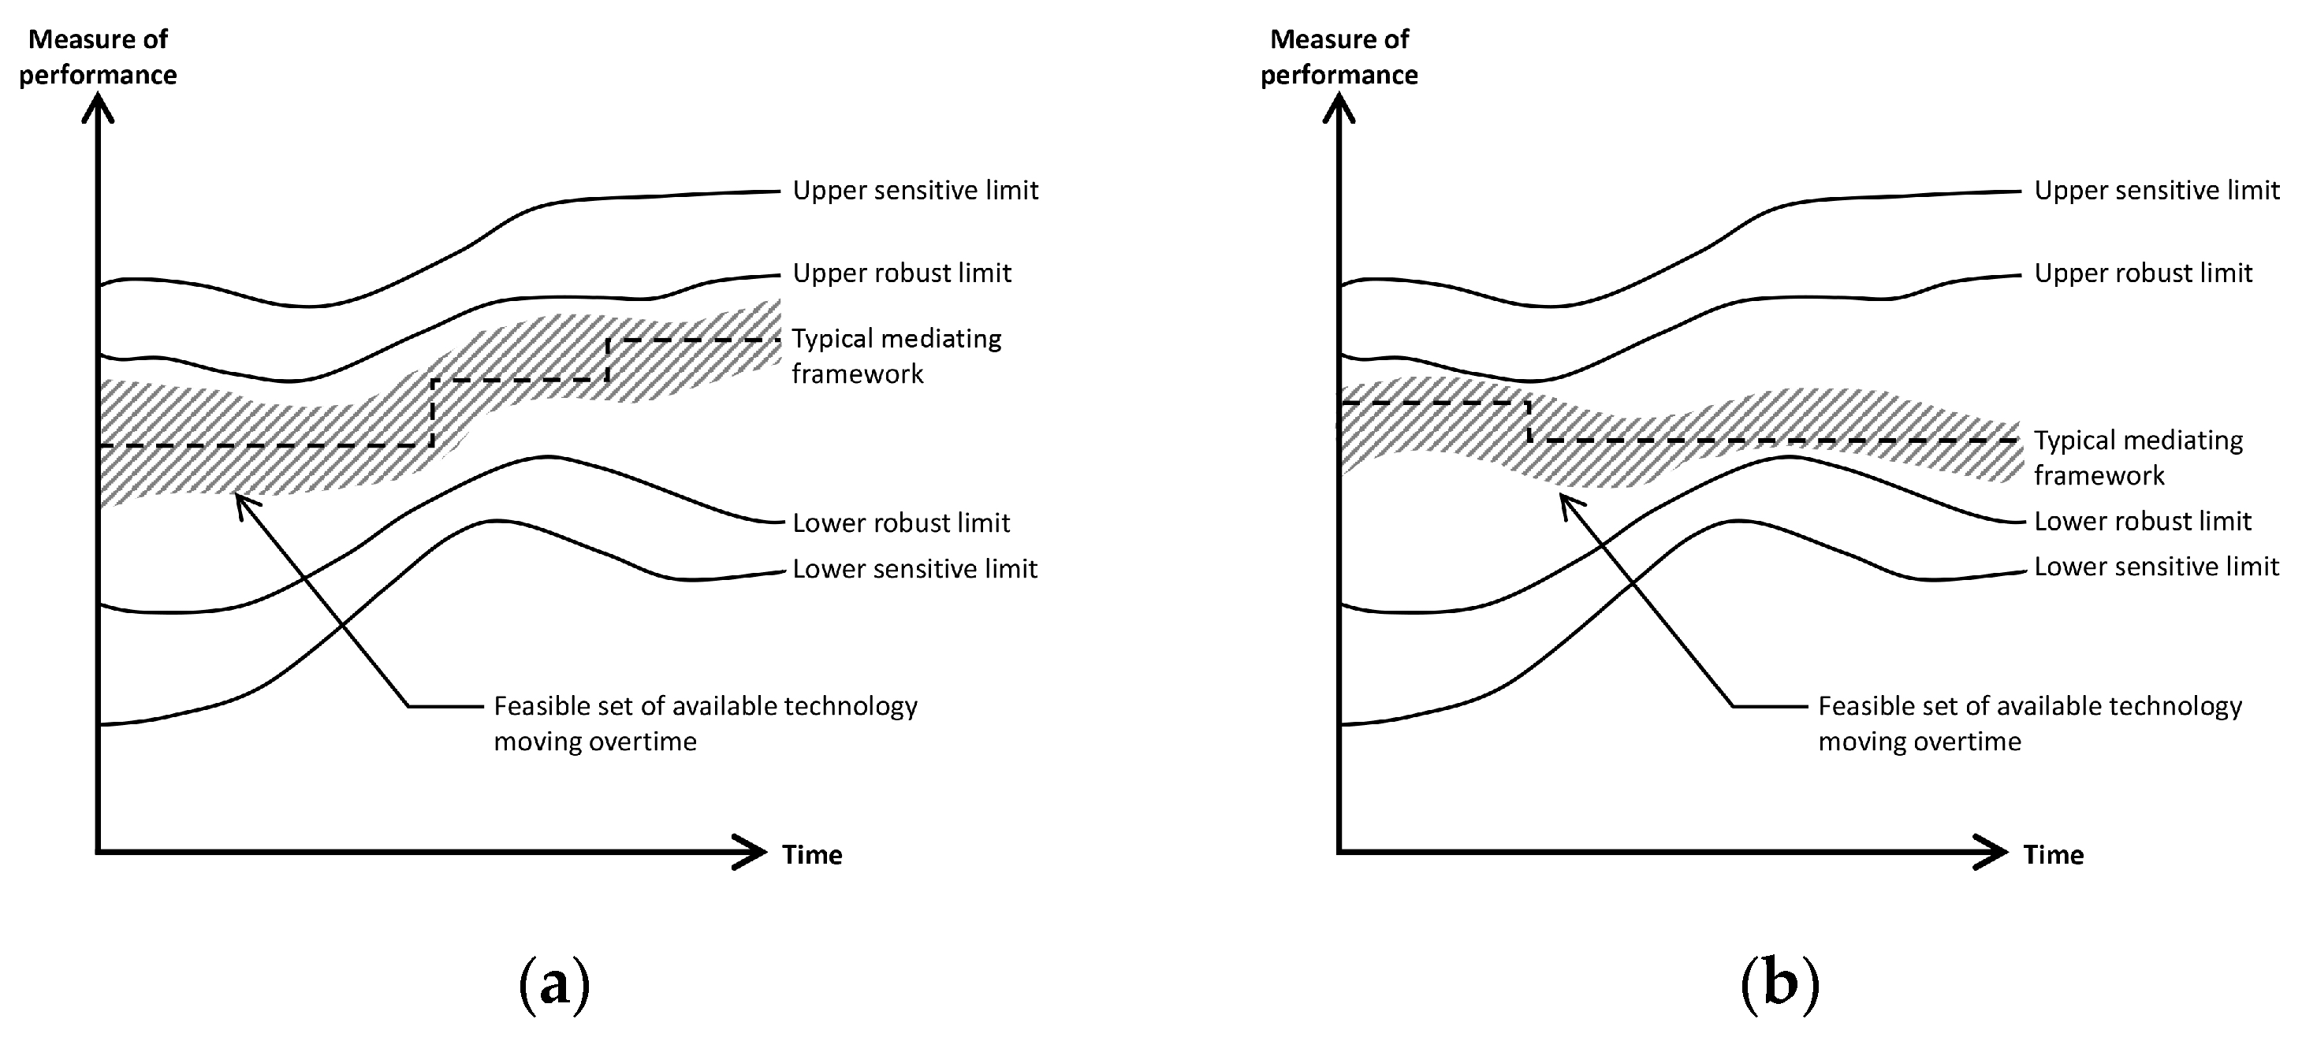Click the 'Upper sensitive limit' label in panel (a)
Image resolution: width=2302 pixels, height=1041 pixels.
(915, 191)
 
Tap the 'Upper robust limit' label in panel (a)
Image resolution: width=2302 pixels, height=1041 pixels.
(902, 273)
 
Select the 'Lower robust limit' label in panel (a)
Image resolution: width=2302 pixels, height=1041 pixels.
(901, 522)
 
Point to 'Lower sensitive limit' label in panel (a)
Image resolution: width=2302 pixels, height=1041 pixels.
(915, 569)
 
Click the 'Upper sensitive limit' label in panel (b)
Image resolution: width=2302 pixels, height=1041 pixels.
(2156, 191)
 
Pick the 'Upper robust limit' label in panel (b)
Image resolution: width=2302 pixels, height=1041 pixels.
(2143, 273)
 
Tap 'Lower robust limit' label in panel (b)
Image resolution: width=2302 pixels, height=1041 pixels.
(2142, 521)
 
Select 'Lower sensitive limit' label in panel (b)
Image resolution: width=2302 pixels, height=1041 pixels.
(2156, 567)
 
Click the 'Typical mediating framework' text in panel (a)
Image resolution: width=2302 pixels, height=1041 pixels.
(896, 355)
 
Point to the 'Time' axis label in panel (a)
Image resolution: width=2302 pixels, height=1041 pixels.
(812, 855)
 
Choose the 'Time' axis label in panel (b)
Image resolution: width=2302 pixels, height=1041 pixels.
(2054, 855)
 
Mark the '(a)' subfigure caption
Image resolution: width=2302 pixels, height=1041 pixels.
(554, 983)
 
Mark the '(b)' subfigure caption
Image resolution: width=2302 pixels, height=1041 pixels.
(1779, 983)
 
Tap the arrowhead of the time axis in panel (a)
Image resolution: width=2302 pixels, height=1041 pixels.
(754, 852)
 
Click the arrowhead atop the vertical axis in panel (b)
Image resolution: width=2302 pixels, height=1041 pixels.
(1339, 109)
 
